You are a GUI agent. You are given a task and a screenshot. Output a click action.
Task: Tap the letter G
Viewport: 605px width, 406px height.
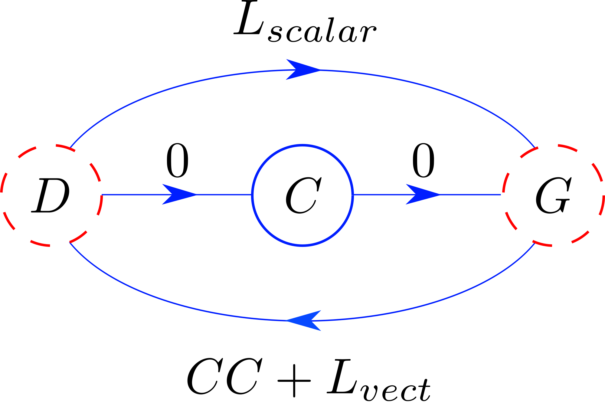click(x=553, y=195)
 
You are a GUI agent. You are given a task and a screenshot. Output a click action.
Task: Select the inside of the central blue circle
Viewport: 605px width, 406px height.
click(x=302, y=195)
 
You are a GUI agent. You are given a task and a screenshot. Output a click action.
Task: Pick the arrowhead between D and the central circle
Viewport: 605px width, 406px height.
click(x=179, y=195)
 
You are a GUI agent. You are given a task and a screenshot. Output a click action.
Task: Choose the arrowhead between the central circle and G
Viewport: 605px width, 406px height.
click(x=422, y=195)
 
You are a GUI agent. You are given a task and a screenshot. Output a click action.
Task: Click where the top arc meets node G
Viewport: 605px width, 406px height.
click(x=534, y=148)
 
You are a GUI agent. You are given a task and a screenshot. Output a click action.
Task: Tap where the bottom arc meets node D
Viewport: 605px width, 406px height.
click(x=70, y=242)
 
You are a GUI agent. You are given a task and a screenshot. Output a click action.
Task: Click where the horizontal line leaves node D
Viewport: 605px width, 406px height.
click(x=102, y=195)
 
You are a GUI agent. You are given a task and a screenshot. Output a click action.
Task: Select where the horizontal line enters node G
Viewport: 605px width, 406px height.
click(x=502, y=195)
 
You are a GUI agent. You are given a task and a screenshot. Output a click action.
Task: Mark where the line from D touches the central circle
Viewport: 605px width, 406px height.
click(x=252, y=195)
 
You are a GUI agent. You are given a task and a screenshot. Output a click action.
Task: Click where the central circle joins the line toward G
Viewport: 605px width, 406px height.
click(x=353, y=195)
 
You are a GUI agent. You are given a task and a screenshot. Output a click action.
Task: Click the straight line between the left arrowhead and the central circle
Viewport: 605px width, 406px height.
click(x=224, y=195)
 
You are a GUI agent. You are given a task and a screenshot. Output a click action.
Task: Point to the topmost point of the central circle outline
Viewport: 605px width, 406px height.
click(x=302, y=145)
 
